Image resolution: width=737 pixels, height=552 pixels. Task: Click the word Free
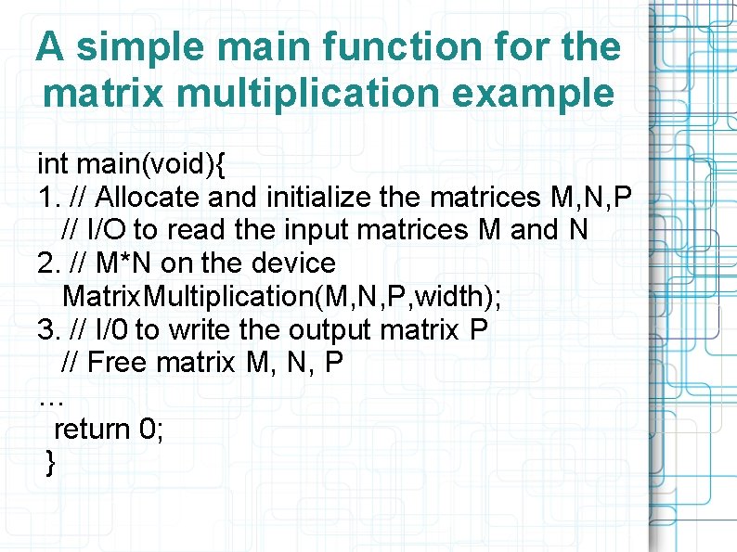(x=119, y=363)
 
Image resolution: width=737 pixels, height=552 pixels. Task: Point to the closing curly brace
(x=50, y=462)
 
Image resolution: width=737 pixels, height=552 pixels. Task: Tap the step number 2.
(x=45, y=263)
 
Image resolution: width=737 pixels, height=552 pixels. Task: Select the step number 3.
(x=45, y=329)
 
